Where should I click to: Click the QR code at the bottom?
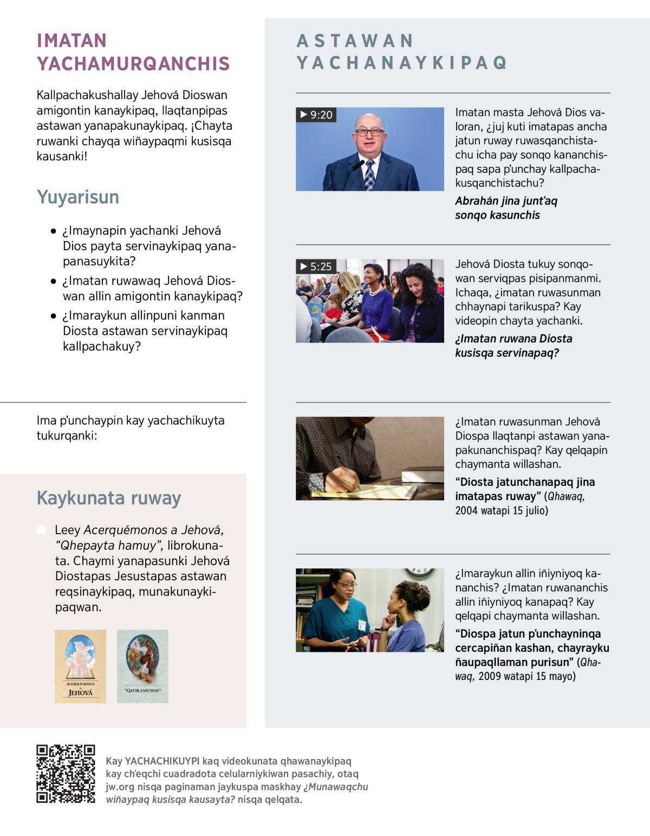coord(66,773)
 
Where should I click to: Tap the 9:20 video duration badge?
coord(316,115)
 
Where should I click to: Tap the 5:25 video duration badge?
coord(316,267)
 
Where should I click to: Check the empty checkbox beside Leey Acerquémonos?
coord(41,529)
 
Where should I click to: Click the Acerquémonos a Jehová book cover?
coord(80,666)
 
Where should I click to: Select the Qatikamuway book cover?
coord(142,666)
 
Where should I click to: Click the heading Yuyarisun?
coord(77,197)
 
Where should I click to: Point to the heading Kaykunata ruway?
coord(108,498)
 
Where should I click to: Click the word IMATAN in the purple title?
coord(71,41)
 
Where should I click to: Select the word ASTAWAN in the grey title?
coord(355,41)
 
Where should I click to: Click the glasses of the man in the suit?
coord(369,132)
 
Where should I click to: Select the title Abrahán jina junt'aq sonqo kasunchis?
coord(505,208)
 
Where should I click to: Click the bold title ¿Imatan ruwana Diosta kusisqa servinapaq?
coord(513,346)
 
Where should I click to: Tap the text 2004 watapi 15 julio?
coord(502,510)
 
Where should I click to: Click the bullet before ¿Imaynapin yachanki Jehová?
coord(53,231)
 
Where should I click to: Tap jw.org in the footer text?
coord(120,787)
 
